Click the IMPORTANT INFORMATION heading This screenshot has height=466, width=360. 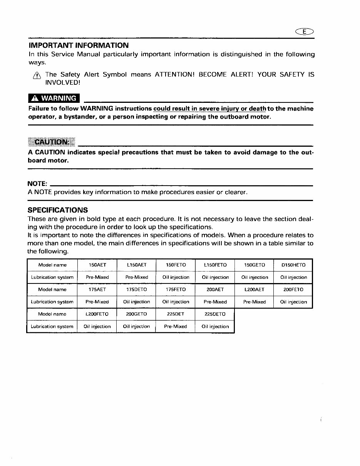[78, 45]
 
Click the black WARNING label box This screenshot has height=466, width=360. [54, 98]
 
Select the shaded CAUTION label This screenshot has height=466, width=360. [52, 142]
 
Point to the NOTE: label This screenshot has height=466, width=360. [37, 184]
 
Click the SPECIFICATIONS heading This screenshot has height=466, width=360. [58, 210]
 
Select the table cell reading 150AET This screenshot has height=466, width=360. [97, 265]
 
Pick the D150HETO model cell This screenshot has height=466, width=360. [293, 265]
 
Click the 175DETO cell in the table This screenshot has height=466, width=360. [137, 290]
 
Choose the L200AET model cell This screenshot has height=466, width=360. [254, 290]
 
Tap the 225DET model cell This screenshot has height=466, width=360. [176, 314]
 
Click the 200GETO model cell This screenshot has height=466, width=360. [137, 314]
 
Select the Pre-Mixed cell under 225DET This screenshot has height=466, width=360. [176, 327]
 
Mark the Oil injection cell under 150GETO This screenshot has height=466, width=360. [255, 277]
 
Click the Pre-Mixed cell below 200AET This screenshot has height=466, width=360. [215, 302]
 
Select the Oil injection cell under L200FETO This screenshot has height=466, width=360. [97, 327]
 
